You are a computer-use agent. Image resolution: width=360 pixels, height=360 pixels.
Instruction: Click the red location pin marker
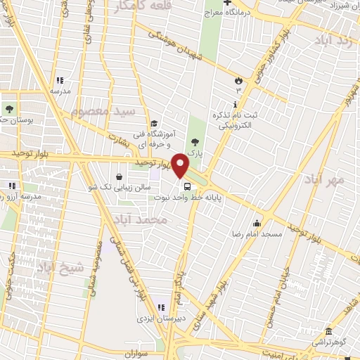pyautogui.click(x=180, y=165)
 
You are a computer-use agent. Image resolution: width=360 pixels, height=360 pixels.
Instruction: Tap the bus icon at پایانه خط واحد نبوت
pyautogui.click(x=187, y=187)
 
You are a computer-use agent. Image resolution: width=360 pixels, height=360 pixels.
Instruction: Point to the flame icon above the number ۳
pyautogui.click(x=238, y=80)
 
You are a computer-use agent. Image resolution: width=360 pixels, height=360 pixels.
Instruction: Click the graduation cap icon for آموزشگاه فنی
pyautogui.click(x=153, y=124)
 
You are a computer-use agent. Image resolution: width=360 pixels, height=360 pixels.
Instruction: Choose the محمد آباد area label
pyautogui.click(x=141, y=219)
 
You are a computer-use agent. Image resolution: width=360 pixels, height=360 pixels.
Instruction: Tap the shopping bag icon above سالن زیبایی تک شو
pyautogui.click(x=117, y=176)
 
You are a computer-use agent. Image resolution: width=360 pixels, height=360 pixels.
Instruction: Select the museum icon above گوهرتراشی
pyautogui.click(x=328, y=333)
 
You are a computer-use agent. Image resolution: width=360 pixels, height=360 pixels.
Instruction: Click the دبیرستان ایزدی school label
pyautogui.click(x=159, y=319)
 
